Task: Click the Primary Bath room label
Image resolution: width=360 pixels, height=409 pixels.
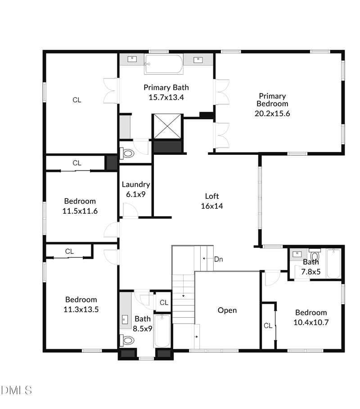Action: point(166,92)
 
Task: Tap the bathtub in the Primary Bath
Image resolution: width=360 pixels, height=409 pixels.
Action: point(164,64)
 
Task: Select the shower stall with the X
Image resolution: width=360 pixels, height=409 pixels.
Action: point(167,126)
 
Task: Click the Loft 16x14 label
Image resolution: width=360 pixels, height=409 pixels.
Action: point(212,201)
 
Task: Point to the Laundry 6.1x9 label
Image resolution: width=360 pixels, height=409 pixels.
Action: point(136,189)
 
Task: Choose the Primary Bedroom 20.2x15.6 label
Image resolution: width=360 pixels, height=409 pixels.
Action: point(272,104)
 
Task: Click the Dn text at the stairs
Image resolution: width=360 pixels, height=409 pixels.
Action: point(219,259)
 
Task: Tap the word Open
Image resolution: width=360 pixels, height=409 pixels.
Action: point(227,310)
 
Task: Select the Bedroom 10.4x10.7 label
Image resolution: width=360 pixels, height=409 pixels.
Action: point(311,317)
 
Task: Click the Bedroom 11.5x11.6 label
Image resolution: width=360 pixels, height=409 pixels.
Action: point(80,206)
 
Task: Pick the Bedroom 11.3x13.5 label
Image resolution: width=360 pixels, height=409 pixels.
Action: point(81,304)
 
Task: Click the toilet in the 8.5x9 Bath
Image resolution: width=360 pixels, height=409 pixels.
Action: point(127,340)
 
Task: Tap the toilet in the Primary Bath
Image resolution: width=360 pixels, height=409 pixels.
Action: point(128,153)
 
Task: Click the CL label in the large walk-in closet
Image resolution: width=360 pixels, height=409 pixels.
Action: point(77,100)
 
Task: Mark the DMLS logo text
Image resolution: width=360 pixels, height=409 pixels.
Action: point(17,390)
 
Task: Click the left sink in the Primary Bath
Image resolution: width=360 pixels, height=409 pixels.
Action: point(132,59)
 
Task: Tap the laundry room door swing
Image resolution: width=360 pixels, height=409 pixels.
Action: point(130,211)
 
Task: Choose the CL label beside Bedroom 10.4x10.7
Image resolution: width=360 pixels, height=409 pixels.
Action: point(268,325)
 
